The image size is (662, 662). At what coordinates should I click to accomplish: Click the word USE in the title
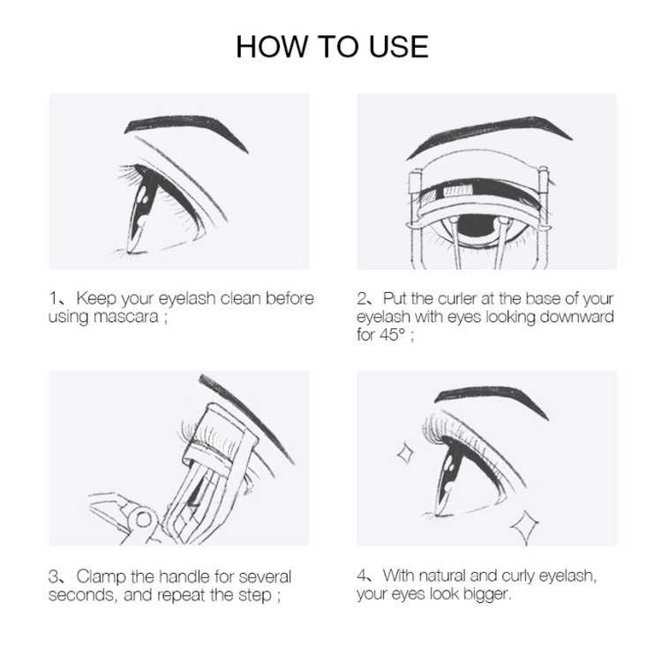[x=395, y=46]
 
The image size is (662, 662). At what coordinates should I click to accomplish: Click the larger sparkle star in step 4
[x=525, y=527]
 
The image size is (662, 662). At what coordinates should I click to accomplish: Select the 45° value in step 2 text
[x=395, y=335]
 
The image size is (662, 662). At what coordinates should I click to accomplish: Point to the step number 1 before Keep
[x=53, y=298]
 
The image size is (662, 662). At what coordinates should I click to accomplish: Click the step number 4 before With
[x=362, y=576]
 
